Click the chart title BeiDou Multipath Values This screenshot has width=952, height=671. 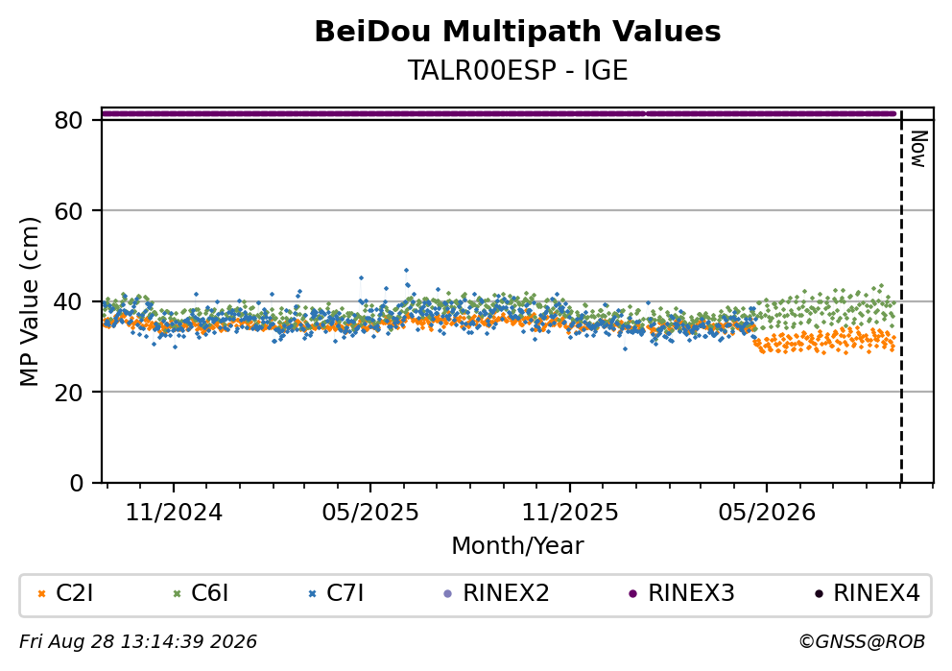pos(517,32)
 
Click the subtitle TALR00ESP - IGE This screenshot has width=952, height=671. pos(517,70)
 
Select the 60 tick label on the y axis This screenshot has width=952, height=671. pos(68,211)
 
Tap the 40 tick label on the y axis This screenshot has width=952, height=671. pos(68,301)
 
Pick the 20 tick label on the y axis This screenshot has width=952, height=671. pos(68,393)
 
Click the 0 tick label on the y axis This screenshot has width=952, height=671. pos(76,483)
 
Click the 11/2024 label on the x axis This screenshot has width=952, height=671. pos(174,513)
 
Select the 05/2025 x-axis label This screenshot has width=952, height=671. pos(370,513)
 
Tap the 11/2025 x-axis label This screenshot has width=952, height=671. pos(569,513)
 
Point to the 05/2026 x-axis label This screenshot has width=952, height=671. pos(766,513)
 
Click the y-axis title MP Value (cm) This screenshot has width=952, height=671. pos(29,301)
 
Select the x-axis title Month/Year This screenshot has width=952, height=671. pos(517,546)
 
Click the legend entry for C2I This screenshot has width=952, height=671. pos(65,592)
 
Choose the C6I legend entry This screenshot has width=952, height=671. pos(201,592)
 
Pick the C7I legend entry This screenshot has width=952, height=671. pos(336,592)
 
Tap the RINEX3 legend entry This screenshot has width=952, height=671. pos(681,592)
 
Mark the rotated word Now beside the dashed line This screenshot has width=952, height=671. pos(918,149)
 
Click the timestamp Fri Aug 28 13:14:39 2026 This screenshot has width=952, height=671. pos(138,642)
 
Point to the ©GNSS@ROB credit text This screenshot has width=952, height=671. pos(862,642)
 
